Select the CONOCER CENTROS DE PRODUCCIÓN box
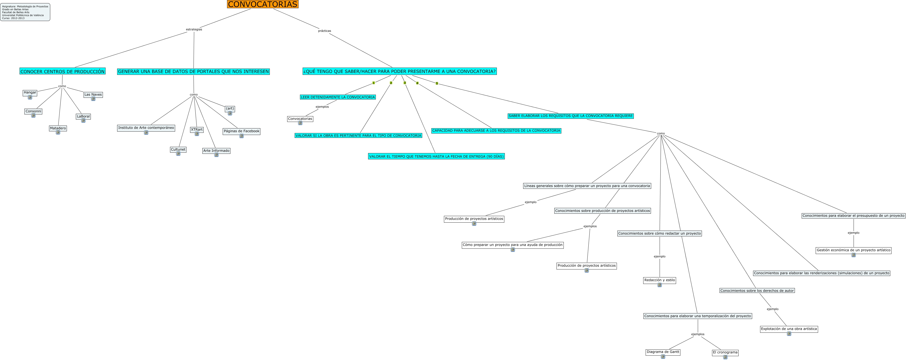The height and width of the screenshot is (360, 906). point(63,71)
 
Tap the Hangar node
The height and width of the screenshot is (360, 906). point(30,92)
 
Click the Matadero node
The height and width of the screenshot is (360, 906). point(58,128)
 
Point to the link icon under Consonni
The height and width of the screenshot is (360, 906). point(33,116)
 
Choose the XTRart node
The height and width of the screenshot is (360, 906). point(197,130)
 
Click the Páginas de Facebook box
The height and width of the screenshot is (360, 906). point(241,131)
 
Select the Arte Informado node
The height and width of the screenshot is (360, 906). point(216,151)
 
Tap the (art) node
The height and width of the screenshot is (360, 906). point(230,109)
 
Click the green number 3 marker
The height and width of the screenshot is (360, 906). point(405,83)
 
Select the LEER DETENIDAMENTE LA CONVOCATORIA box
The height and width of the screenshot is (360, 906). point(338,97)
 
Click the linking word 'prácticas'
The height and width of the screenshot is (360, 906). point(324,31)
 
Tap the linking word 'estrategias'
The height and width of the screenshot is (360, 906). point(194,29)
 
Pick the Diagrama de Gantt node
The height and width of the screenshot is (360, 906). point(663,352)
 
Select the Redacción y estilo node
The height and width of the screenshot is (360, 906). point(659,280)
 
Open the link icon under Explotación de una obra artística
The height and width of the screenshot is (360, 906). point(789,334)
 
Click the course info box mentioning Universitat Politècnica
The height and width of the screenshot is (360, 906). point(25,12)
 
